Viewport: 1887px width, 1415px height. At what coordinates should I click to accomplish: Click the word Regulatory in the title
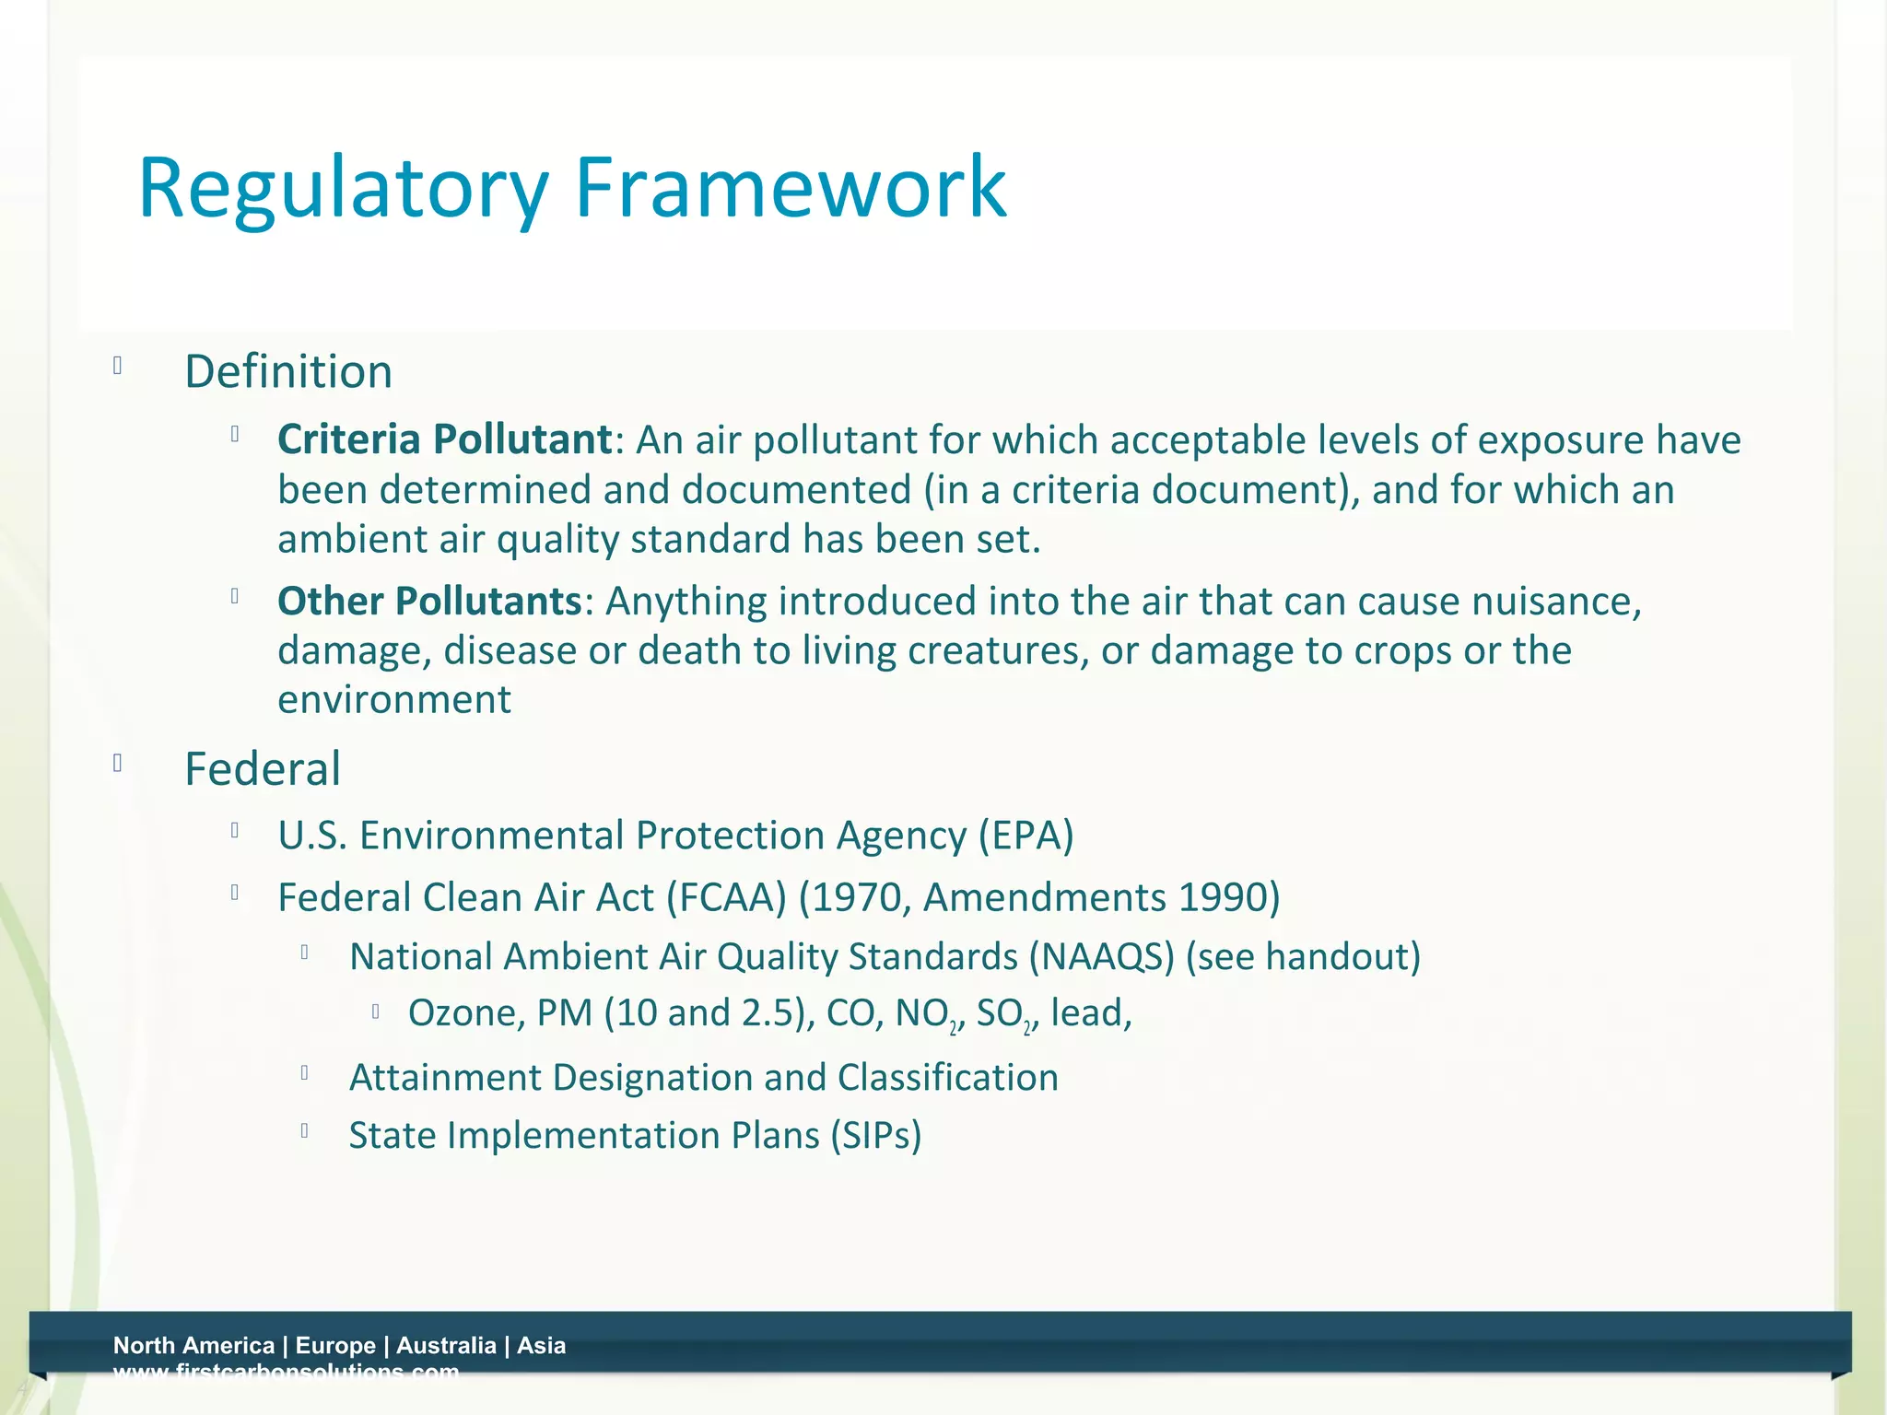pyautogui.click(x=343, y=189)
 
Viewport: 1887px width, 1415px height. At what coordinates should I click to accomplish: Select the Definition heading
pyautogui.click(x=288, y=372)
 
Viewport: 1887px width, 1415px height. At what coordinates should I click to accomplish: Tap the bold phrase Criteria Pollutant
pyautogui.click(x=445, y=439)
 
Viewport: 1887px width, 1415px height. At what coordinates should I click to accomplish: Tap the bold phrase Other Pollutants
pyautogui.click(x=429, y=602)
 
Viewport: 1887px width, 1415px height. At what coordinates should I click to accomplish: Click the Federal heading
pyautogui.click(x=263, y=769)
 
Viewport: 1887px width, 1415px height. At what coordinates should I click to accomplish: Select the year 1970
pyautogui.click(x=861, y=898)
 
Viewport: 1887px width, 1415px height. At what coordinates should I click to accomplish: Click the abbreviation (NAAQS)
pyautogui.click(x=1101, y=957)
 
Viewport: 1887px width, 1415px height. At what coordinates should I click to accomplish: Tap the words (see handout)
pyautogui.click(x=1303, y=957)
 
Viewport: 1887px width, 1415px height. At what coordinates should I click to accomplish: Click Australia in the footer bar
pyautogui.click(x=446, y=1346)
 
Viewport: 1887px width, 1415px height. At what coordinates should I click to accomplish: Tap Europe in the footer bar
pyautogui.click(x=335, y=1346)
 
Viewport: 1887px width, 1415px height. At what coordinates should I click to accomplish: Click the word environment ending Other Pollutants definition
pyautogui.click(x=394, y=700)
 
